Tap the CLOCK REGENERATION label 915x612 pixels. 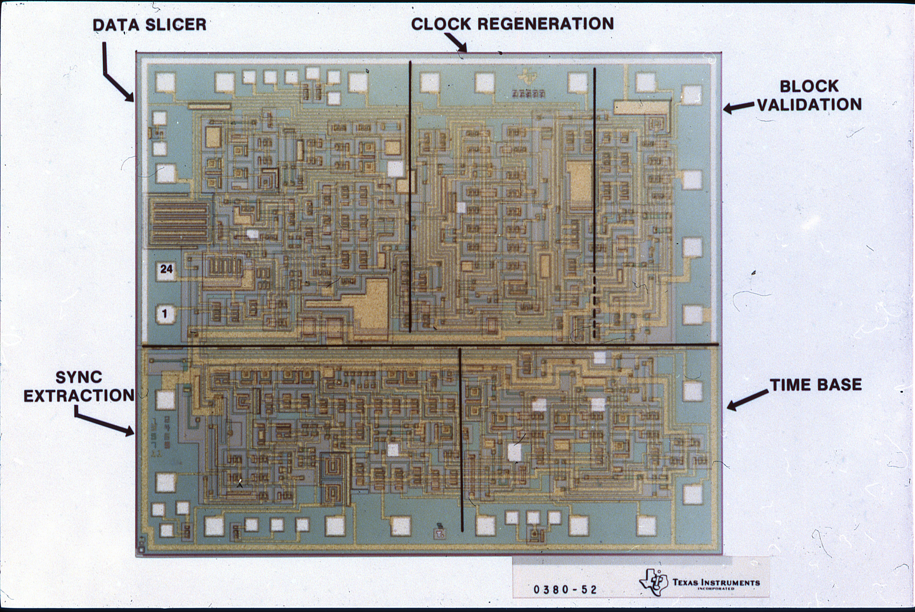[x=512, y=24]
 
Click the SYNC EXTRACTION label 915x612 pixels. [x=79, y=386]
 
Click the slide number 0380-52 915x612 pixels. [x=565, y=589]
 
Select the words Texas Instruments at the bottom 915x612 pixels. [x=716, y=583]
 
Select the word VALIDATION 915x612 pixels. [x=809, y=105]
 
